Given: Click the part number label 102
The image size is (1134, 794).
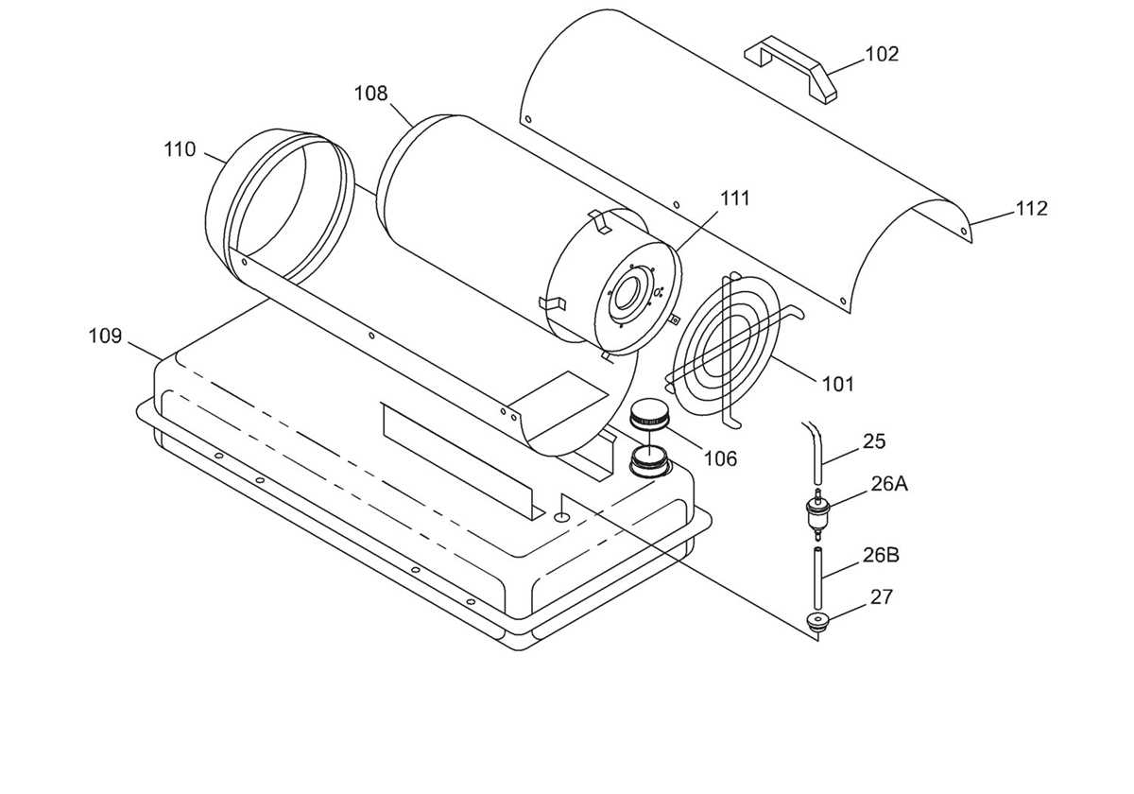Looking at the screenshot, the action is pos(882,54).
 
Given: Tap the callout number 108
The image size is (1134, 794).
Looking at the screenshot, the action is pos(370,94).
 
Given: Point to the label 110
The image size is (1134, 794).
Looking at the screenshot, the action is pos(180,149).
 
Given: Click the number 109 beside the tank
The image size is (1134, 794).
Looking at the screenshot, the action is pos(105,336).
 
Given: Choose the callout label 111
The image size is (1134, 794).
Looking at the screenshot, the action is pos(734,198).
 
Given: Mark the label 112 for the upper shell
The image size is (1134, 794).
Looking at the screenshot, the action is pos(1031,208).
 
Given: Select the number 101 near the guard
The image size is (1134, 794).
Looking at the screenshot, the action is pos(838,385).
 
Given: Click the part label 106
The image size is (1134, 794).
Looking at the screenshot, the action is pos(720,458).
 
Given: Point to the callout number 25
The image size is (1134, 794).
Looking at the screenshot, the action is pos(874,441).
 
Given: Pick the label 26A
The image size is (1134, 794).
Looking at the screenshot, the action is pos(889,485).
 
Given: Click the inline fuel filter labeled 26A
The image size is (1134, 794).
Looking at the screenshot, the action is pos(816,514).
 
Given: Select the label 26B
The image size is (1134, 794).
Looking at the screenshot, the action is pos(881,556).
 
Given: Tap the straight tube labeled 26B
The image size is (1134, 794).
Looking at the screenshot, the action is pos(816,578).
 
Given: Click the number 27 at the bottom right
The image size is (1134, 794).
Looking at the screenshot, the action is pos(882,597).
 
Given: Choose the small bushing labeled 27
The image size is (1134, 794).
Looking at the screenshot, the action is pos(816,621).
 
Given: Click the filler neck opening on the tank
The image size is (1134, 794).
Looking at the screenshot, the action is pos(649,462).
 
